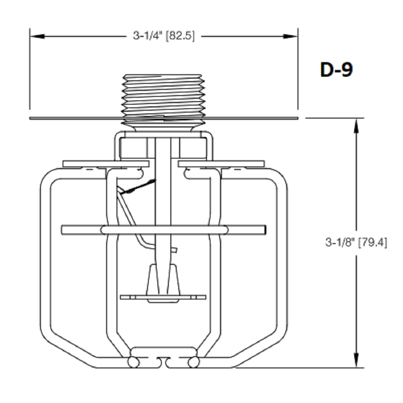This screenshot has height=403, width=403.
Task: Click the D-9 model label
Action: pos(336,70)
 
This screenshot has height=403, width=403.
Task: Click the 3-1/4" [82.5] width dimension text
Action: pos(164,36)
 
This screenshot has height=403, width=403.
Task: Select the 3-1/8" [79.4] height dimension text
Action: pos(356,242)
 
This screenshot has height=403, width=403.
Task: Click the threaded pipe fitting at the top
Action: pos(164,96)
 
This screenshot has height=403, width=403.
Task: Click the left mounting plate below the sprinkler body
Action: pos(105,164)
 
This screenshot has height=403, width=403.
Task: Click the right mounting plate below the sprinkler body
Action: pos(221,164)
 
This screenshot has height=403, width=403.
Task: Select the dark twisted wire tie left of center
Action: pos(138,187)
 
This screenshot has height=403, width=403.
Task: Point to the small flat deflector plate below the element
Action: pos(163,297)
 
